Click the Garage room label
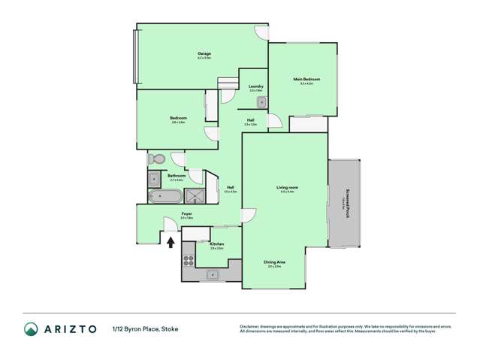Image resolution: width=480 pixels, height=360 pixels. point(204,54)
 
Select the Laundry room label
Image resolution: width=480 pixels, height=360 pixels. point(255,87)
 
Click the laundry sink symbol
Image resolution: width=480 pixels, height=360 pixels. point(261,101)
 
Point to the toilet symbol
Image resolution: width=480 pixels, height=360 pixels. point(155,159)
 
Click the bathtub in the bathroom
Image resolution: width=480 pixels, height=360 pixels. point(165,197)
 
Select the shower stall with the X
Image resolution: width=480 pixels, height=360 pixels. point(195,197)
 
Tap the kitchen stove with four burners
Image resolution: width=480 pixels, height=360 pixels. point(189,262)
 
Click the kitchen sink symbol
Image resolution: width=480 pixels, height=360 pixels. point(213,274)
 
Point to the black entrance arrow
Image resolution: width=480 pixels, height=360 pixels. point(170,242)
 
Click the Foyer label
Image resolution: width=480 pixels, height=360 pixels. point(186,214)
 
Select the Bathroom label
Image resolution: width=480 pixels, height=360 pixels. point(177,177)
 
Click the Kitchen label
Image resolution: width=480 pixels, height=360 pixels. point(217,244)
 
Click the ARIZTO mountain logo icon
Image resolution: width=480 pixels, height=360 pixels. point(31,328)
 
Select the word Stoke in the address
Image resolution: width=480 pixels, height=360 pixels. point(170,328)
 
